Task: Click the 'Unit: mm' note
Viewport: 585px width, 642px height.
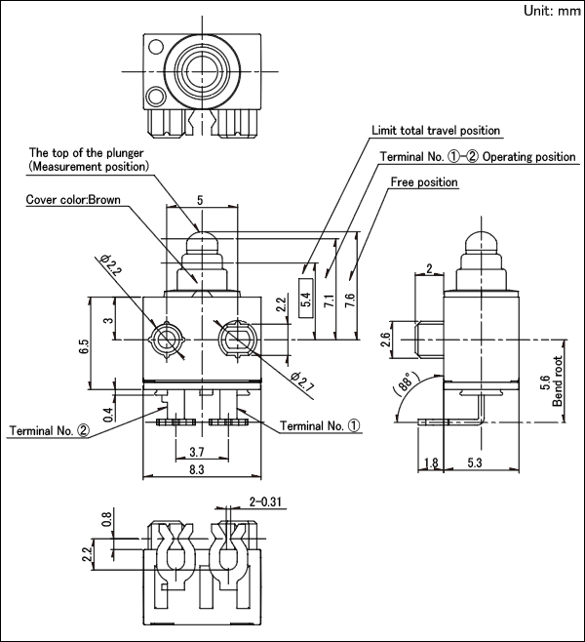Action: tap(552, 11)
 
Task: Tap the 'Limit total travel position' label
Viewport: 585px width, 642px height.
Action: tap(436, 130)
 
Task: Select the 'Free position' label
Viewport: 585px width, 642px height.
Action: tap(424, 181)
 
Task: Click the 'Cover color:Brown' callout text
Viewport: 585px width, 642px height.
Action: tap(73, 199)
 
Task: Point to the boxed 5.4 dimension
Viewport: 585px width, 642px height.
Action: tap(306, 299)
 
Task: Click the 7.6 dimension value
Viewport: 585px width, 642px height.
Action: tap(350, 301)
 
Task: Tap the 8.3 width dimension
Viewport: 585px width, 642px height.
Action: tap(197, 469)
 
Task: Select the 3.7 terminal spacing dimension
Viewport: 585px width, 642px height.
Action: tap(197, 452)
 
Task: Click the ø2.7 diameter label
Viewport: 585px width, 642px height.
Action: tap(302, 381)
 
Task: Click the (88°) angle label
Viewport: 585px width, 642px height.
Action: tap(406, 382)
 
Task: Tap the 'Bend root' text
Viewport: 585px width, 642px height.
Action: tap(557, 381)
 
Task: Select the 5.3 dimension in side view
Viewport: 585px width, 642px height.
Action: tap(475, 462)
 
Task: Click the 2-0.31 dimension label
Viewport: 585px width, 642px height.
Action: tap(265, 502)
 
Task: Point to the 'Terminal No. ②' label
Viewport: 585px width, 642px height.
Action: tap(49, 430)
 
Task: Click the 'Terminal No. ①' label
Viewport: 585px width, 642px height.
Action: tap(321, 425)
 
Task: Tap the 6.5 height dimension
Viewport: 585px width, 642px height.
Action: tap(84, 346)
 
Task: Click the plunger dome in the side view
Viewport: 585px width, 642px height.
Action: tap(481, 242)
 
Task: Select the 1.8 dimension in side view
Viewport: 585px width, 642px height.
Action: tap(431, 462)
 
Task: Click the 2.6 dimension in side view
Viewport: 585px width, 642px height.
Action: tap(386, 340)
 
